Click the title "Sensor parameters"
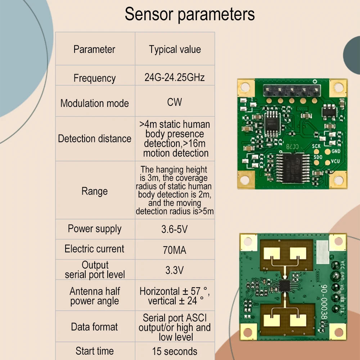tap(190, 14)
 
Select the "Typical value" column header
tap(175, 50)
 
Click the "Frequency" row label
tap(95, 78)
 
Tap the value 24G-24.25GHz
tap(175, 77)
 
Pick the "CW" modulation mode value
tap(175, 102)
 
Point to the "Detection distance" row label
tap(95, 139)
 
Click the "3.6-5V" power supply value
tap(175, 229)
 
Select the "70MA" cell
tap(175, 250)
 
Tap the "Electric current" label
tap(95, 249)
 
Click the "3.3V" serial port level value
tap(175, 270)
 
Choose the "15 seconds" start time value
tap(175, 351)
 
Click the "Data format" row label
tap(95, 327)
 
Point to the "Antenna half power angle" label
tap(95, 296)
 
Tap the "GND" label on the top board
tap(336, 152)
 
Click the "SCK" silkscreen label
tap(316, 146)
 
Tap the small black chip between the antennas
tap(285, 286)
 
